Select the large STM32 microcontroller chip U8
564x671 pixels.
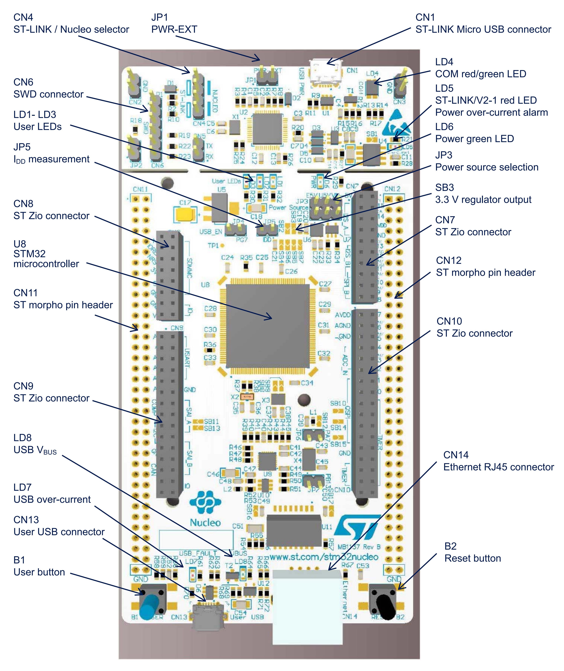point(268,326)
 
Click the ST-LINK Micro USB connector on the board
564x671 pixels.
point(326,73)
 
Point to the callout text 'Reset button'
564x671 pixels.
point(473,558)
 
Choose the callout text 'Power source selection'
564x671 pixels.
point(487,167)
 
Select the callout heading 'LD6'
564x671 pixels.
point(444,127)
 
